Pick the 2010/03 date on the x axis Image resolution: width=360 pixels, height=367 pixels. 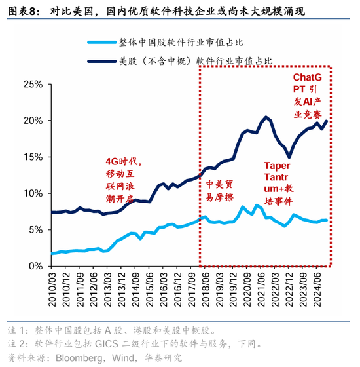pyautogui.click(x=51, y=292)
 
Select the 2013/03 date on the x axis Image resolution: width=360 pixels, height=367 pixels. pyautogui.click(x=107, y=292)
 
